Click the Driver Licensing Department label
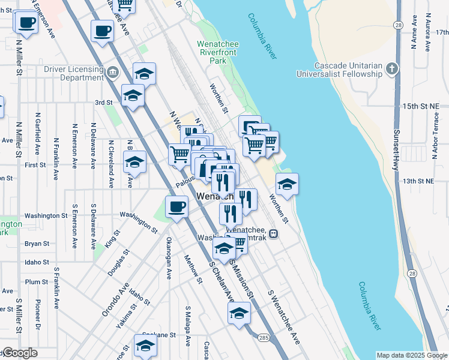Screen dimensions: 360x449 click(73, 73)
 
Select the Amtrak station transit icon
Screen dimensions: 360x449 click(273, 233)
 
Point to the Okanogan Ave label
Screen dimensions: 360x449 click(169, 259)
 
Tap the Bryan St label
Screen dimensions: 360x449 click(37, 244)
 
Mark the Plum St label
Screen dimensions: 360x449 click(37, 281)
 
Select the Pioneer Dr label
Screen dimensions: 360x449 click(38, 311)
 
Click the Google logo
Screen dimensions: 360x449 click(19, 353)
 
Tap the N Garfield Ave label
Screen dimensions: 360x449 click(38, 132)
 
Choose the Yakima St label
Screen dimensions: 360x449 click(126, 316)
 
